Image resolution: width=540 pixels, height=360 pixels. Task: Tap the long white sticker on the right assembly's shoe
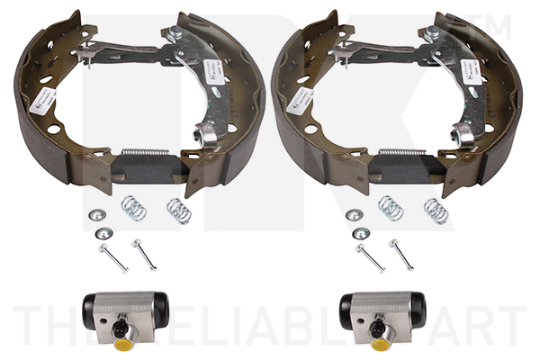coord(303,101)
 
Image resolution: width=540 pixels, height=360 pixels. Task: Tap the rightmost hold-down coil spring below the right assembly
coord(436,211)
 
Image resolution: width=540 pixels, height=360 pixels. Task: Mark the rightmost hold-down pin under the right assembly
coord(400,254)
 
